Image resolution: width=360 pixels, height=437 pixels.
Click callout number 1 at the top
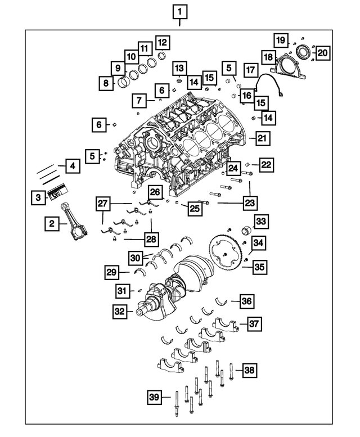179,11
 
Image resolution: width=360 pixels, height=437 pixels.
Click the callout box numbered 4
71,166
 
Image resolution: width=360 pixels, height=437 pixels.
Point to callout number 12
162,42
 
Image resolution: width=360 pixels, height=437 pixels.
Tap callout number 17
250,70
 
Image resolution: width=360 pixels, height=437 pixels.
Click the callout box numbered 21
262,137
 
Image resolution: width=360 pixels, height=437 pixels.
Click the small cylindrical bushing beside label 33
245,231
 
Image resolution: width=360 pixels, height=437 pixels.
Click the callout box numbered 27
102,203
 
